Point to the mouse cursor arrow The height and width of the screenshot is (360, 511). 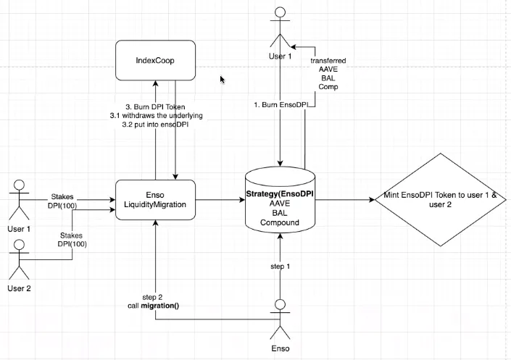pyautogui.click(x=223, y=80)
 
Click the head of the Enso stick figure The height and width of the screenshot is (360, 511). pyautogui.click(x=280, y=304)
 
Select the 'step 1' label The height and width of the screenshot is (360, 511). pyautogui.click(x=280, y=266)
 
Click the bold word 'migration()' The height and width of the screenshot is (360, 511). pyautogui.click(x=160, y=306)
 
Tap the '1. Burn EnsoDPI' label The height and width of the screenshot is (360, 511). pyautogui.click(x=281, y=104)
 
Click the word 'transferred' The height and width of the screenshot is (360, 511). pyautogui.click(x=328, y=61)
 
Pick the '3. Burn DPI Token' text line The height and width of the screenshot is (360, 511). pyautogui.click(x=155, y=107)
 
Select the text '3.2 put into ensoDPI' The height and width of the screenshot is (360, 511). pyautogui.click(x=155, y=124)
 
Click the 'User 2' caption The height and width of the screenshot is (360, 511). pyautogui.click(x=20, y=288)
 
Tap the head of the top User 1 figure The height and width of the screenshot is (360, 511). pyautogui.click(x=280, y=12)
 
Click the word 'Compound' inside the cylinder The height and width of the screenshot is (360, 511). pyautogui.click(x=280, y=222)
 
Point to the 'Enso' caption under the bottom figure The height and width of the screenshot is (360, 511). pyautogui.click(x=281, y=348)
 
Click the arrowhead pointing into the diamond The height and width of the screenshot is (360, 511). pyautogui.click(x=372, y=199)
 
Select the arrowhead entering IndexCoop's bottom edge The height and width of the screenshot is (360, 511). pyautogui.click(x=155, y=83)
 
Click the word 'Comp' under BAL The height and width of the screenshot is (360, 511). pyautogui.click(x=328, y=87)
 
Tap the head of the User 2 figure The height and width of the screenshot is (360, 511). pyautogui.click(x=20, y=244)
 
